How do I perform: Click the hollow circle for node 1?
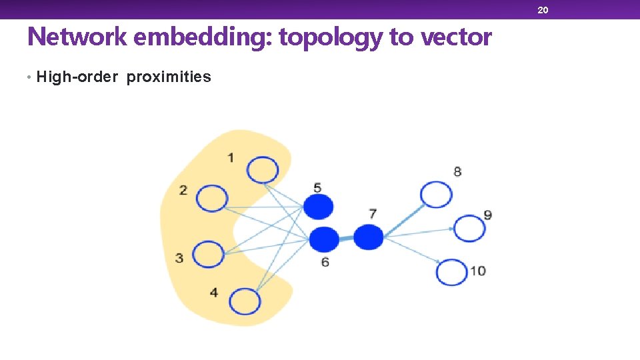pos(262,169)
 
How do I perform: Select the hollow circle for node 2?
pos(212,198)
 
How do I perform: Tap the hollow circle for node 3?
pos(209,254)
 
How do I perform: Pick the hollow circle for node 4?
pos(245,301)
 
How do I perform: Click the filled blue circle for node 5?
pos(318,207)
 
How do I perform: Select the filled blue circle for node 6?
pos(325,238)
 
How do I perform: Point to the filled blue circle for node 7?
pos(368,237)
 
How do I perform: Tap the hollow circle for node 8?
pos(436,195)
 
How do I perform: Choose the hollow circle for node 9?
pos(469,229)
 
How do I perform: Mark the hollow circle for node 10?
pos(453,272)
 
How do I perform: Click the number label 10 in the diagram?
pos(477,271)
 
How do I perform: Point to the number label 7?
pos(373,213)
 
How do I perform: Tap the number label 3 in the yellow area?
pos(179,258)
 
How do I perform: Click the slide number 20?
pos(543,9)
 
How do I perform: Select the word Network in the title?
pos(77,37)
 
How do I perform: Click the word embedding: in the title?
pos(203,37)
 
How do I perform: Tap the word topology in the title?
pos(331,38)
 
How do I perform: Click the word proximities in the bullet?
pos(169,77)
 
